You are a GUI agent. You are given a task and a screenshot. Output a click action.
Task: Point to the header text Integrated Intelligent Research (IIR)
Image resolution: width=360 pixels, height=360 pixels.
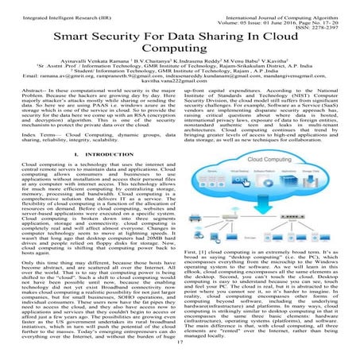point(52,7)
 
